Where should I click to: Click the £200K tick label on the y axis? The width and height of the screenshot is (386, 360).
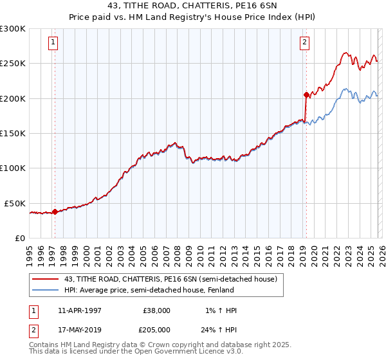point(13,98)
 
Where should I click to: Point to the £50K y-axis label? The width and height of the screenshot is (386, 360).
point(15,203)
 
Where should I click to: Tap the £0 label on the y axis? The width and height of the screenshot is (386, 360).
point(21,238)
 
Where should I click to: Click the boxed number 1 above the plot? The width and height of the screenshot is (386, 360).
point(53,43)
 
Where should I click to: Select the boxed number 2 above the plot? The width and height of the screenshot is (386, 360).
point(304,43)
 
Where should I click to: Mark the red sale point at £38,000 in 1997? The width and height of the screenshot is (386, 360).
point(55,211)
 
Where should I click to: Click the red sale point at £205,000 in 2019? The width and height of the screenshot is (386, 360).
point(306,94)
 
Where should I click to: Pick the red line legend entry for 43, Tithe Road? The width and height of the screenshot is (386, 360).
point(170,279)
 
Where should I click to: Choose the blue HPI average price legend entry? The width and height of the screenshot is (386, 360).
point(144,290)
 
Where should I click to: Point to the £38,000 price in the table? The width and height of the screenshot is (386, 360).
point(155,310)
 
